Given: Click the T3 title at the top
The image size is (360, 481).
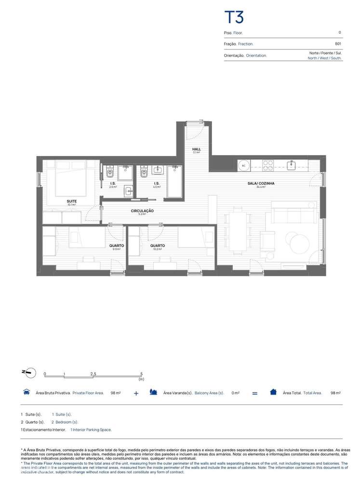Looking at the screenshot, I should (235, 17).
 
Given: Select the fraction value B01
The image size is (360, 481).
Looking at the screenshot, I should (338, 43).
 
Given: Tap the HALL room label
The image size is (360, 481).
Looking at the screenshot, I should (196, 149).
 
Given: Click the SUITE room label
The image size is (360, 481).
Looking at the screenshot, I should (72, 201).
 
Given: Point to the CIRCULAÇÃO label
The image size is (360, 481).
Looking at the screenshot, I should (142, 211).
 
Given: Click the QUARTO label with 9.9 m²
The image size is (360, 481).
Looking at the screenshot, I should (116, 246).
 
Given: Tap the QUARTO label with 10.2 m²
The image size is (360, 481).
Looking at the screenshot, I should (157, 246).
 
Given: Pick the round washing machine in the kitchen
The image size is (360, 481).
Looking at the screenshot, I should (244, 165).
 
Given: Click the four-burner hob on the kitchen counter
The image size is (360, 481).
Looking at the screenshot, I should (267, 165).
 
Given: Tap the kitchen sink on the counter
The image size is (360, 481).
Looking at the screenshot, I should (292, 165).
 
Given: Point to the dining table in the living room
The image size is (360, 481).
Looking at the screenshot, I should (236, 232).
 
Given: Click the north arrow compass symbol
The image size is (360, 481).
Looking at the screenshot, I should (29, 372).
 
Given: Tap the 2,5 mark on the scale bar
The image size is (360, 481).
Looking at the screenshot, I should (93, 374).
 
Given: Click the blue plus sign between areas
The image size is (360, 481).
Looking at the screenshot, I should (136, 393).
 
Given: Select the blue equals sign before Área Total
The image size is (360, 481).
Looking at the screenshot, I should (255, 393).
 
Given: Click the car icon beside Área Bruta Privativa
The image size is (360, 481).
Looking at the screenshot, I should (27, 392).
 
